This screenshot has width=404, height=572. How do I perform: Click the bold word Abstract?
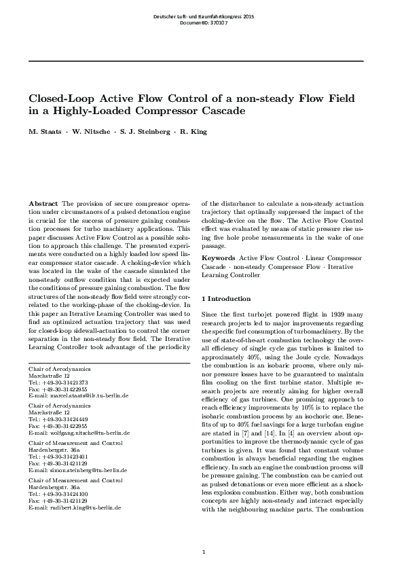tap(43, 204)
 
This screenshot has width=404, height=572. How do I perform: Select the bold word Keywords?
tap(218, 259)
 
